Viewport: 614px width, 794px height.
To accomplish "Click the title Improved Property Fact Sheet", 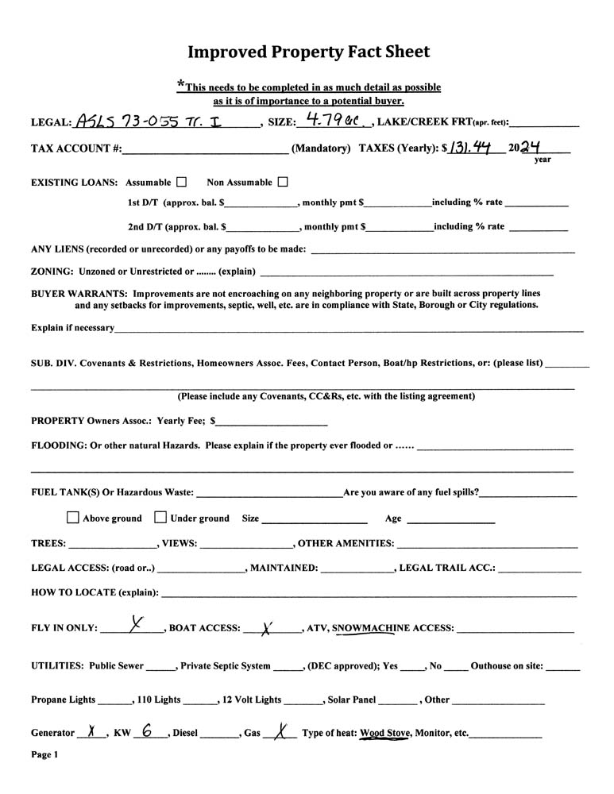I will [x=308, y=52].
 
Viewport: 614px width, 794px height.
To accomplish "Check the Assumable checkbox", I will [x=182, y=182].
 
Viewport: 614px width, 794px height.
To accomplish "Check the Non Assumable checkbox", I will [x=283, y=182].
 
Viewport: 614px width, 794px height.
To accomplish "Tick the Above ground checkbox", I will [x=73, y=518].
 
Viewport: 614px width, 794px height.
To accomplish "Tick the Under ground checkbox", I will [x=160, y=518].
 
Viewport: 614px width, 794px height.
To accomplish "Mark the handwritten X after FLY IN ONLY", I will [x=137, y=625].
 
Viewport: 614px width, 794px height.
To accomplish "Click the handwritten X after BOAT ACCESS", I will [x=267, y=628].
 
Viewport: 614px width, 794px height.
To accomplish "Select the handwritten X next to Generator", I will [x=92, y=732].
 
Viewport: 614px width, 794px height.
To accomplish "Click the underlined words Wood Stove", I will [x=385, y=733].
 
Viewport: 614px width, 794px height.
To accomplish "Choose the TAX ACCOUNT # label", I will [x=76, y=148].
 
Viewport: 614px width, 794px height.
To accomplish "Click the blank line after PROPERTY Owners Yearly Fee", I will [x=272, y=421].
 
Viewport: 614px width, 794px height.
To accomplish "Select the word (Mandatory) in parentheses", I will [x=322, y=148].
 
